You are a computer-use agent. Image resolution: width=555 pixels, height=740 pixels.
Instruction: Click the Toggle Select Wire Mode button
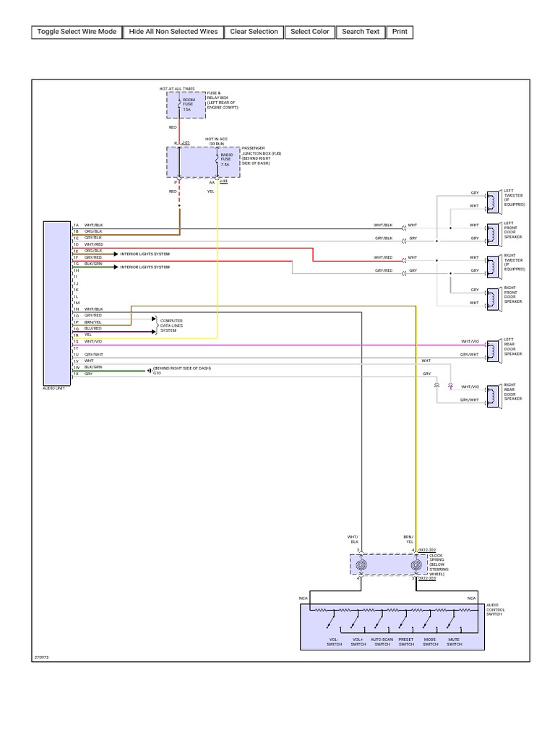click(76, 32)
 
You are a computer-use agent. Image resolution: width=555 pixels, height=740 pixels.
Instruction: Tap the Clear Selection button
click(254, 32)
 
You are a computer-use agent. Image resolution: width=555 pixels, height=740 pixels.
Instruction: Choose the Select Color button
click(309, 32)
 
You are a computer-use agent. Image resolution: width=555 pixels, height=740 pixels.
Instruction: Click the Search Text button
click(361, 32)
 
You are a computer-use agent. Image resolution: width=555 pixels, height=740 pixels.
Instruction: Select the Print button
click(400, 32)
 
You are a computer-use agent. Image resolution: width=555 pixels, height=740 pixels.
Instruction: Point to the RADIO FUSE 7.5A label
click(225, 160)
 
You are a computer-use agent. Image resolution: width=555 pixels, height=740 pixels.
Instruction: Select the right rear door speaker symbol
click(491, 393)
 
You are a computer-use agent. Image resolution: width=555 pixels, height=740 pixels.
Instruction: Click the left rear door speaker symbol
click(491, 348)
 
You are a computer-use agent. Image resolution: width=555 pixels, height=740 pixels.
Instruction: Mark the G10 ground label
click(157, 373)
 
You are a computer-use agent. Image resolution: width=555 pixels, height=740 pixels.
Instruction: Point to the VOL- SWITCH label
click(333, 642)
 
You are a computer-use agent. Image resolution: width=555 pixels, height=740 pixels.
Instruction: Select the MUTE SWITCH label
click(454, 642)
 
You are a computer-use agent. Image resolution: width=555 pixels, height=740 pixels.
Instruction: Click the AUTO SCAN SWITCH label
click(382, 642)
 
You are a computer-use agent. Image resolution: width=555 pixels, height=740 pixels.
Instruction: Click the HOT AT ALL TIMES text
click(177, 88)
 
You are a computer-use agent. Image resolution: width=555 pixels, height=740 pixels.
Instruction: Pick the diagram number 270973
click(41, 658)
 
